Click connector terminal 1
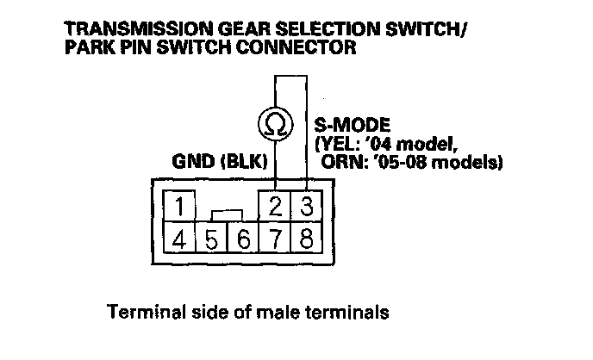tap(178, 206)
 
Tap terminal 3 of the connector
tap(304, 206)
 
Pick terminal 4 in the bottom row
tap(178, 237)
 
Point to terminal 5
tap(210, 237)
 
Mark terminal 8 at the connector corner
tap(304, 237)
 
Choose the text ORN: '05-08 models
tap(411, 161)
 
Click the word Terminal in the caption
tap(138, 310)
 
